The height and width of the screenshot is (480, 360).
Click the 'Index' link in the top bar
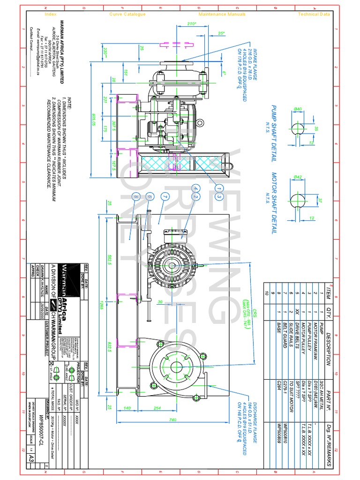50,14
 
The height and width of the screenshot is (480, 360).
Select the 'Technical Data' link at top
314,14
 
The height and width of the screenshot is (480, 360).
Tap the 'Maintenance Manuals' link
222,14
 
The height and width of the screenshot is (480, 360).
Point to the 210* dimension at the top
191,23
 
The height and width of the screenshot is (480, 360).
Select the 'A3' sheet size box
31,457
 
